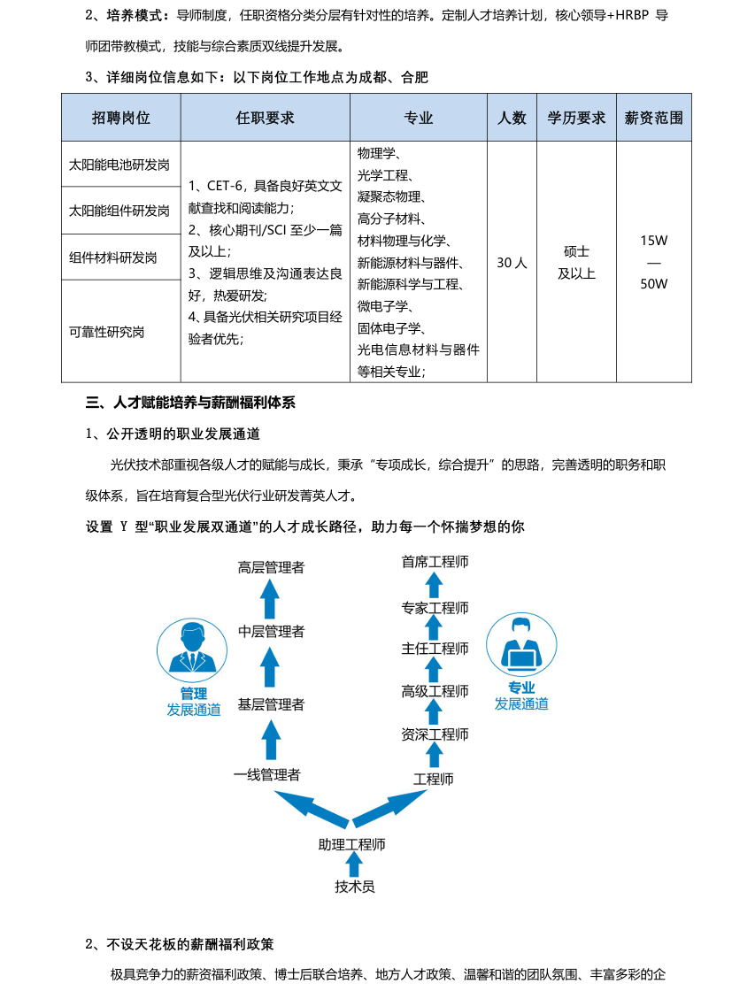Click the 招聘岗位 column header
coord(121,118)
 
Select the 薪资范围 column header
coord(653,118)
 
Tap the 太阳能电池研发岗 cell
coord(119,165)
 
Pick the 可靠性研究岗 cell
coord(107,332)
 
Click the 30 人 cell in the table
coord(512,263)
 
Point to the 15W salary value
coord(653,241)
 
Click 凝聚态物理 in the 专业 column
coord(390,196)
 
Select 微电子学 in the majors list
coord(383,306)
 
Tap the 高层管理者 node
coord(271,567)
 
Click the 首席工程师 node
coord(435,562)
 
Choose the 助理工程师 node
coord(352,844)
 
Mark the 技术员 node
coord(355,886)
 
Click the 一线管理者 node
coord(267,775)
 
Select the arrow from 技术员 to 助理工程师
coord(354,865)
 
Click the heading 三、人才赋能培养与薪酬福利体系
coord(190,403)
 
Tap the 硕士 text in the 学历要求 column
coord(576,252)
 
